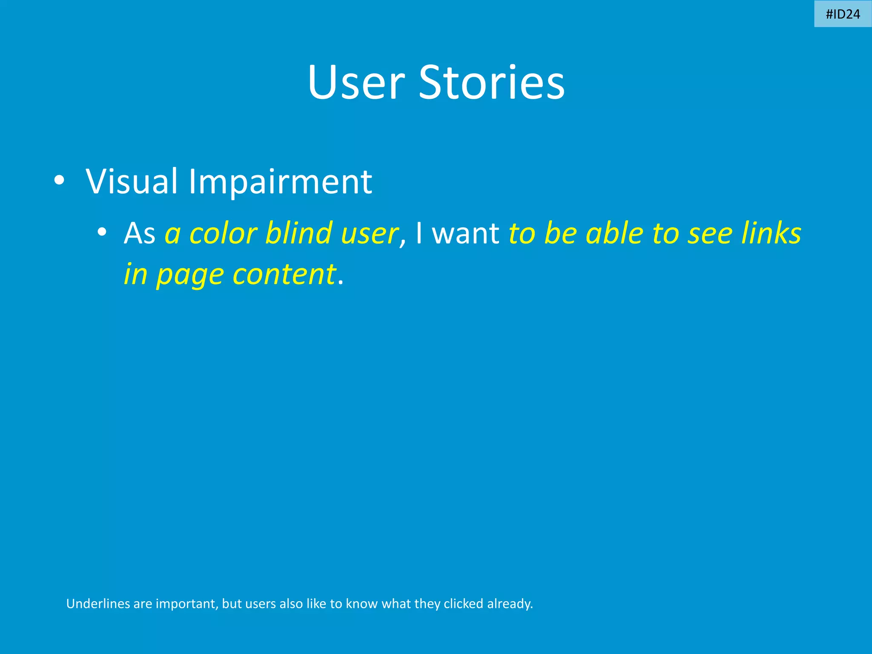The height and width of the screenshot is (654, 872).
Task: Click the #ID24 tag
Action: [x=843, y=14]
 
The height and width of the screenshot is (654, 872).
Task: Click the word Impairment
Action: [x=280, y=182]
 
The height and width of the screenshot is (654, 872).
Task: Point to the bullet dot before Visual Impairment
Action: [x=59, y=181]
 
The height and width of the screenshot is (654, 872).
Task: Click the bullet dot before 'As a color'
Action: [x=101, y=232]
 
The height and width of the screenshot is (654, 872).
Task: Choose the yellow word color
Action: [x=223, y=233]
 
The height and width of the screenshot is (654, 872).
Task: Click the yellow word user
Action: [x=369, y=234]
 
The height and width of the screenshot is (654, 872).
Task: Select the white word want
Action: [x=465, y=234]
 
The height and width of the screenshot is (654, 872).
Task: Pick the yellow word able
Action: [x=614, y=233]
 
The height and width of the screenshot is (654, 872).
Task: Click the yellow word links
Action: [x=771, y=233]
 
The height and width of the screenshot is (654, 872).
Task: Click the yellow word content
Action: [x=284, y=275]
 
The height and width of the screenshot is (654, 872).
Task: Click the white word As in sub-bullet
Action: [x=139, y=233]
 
